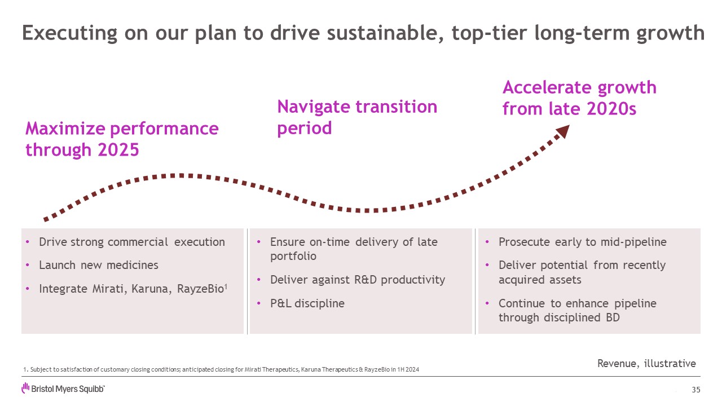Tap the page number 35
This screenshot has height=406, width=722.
coord(696,390)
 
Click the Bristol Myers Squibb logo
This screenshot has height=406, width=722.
coord(63,389)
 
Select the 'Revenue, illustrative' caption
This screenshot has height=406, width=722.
coord(646,364)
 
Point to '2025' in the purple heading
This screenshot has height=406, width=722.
coord(118,150)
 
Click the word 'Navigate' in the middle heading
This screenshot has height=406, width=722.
coord(313,107)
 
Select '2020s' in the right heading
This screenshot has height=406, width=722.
coord(611,109)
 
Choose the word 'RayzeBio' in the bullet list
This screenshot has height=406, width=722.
coord(200,289)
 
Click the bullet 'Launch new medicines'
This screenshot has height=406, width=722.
coord(99,265)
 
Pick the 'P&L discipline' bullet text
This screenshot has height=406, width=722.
coord(307,303)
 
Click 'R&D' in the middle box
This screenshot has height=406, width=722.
coord(365,280)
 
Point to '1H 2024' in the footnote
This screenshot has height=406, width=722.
coord(408,369)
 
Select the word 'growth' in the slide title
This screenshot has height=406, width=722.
coord(671,33)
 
